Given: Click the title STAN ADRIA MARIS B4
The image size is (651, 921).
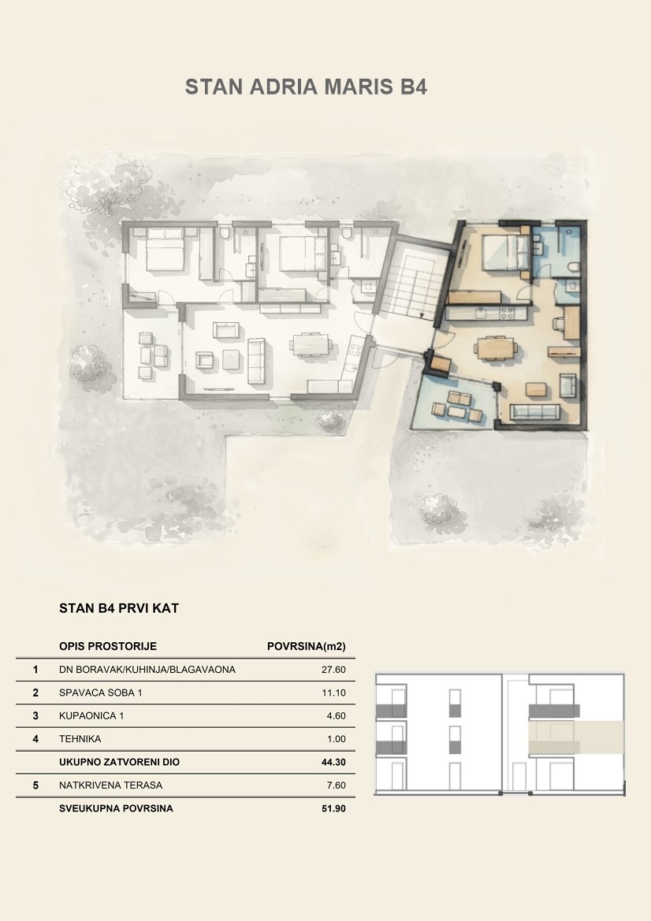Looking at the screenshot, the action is (306, 87).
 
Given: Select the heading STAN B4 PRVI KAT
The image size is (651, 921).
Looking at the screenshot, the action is (119, 608).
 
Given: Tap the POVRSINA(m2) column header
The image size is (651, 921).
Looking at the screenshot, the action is (306, 647).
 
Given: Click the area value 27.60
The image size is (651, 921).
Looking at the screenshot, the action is (333, 670).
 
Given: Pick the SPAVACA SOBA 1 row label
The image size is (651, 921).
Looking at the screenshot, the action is (100, 693).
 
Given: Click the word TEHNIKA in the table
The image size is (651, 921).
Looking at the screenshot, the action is (80, 739).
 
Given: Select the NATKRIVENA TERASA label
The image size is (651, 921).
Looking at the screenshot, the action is (110, 785).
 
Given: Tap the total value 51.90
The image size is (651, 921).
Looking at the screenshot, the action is (333, 809).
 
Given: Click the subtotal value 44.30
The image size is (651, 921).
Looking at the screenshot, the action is (333, 763).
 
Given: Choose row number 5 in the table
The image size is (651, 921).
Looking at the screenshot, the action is (35, 785).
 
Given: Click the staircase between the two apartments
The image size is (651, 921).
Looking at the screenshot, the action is (413, 285).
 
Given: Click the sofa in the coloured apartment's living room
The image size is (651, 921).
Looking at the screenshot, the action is (534, 412).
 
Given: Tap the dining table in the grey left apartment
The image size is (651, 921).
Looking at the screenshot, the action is (312, 344).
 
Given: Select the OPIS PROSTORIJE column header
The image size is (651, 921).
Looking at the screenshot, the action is (107, 647).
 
